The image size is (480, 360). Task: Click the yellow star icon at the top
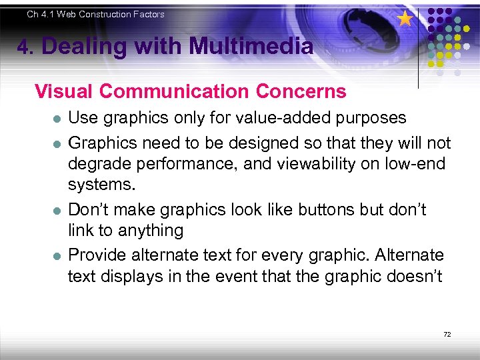405,18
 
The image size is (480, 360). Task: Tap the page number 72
447,334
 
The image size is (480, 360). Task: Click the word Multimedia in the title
251,47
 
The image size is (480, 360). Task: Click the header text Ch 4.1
41,14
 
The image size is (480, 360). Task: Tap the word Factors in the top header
149,14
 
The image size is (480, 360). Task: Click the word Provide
100,255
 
